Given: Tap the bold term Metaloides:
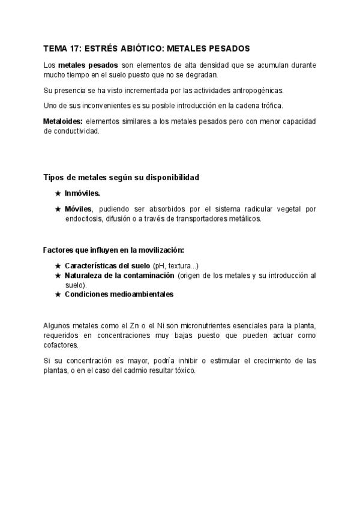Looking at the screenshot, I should (63, 121).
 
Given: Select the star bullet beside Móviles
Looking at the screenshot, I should (58, 209).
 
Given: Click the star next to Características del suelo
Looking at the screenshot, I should (58, 265).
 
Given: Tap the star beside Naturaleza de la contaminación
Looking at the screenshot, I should (58, 275).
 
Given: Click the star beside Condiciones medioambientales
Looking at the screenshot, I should (58, 294).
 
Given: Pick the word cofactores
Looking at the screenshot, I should (62, 345).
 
